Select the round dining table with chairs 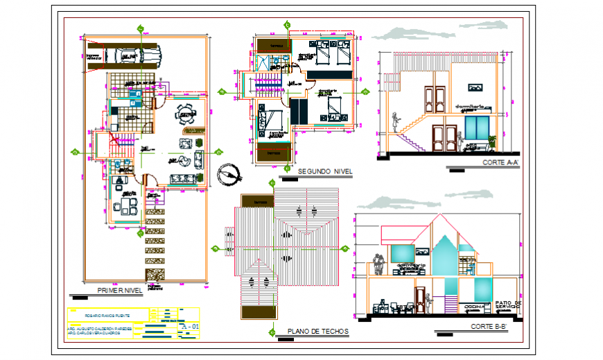tap(186, 114)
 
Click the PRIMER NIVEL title tap(119, 290)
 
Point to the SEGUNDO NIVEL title tap(324, 171)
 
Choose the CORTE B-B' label tap(491, 326)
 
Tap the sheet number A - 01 tap(189, 326)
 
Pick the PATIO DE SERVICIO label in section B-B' tap(512, 305)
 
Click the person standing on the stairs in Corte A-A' tap(396, 123)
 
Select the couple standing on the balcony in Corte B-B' tap(378, 264)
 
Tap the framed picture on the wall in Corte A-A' tap(475, 87)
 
